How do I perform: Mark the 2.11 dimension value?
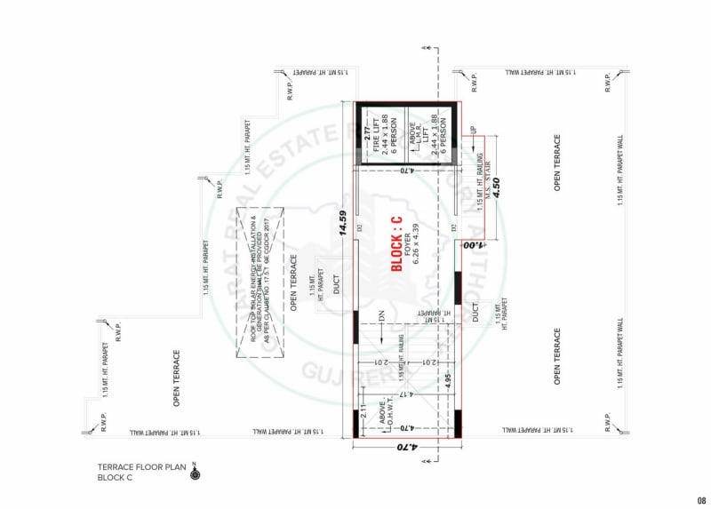363,413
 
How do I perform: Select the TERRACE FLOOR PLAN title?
142,466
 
